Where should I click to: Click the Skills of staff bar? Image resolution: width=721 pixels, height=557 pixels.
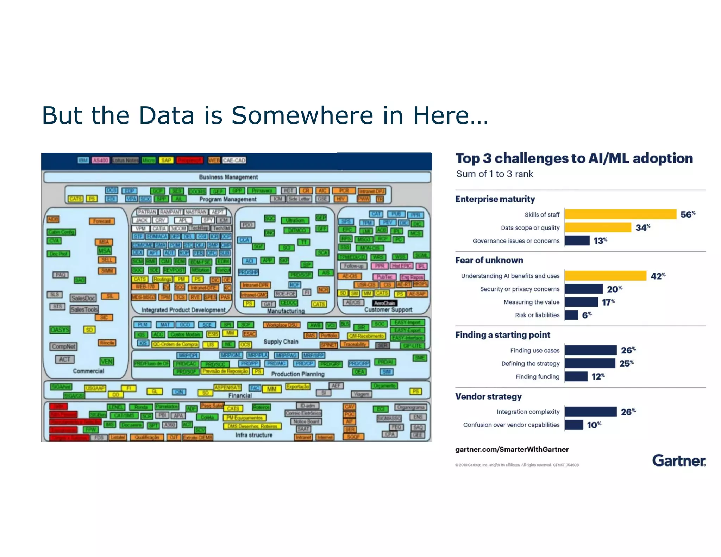pyautogui.click(x=620, y=214)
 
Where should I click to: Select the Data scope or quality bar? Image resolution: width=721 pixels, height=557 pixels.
pyautogui.click(x=598, y=227)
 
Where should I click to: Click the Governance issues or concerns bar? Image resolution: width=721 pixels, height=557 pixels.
pyautogui.click(x=577, y=240)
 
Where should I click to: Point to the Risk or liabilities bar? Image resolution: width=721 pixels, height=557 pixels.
pyautogui.click(x=571, y=315)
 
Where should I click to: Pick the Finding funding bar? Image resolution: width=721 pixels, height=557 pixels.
pyautogui.click(x=576, y=376)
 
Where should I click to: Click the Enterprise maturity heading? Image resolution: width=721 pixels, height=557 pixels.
pyautogui.click(x=495, y=199)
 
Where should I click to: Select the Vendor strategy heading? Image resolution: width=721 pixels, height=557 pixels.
pyautogui.click(x=488, y=396)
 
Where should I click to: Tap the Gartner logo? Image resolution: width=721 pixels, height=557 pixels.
pyautogui.click(x=679, y=461)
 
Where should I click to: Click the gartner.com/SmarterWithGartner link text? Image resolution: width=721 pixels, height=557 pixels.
pyautogui.click(x=512, y=449)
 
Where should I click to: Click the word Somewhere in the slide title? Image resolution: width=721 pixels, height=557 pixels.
pyautogui.click(x=302, y=115)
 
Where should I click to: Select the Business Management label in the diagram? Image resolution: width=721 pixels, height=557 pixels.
pyautogui.click(x=228, y=177)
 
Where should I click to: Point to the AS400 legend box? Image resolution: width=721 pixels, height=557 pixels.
pyautogui.click(x=100, y=161)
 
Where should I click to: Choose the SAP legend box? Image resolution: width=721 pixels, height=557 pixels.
pyautogui.click(x=166, y=161)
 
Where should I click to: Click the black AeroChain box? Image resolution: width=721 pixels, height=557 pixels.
pyautogui.click(x=385, y=303)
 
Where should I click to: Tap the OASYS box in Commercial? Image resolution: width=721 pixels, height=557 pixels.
pyautogui.click(x=60, y=330)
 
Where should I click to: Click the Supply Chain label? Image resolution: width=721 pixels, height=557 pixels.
pyautogui.click(x=281, y=342)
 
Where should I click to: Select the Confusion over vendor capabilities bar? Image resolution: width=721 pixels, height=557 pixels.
pyautogui.click(x=574, y=425)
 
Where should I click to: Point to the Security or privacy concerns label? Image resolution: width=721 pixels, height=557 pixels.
pyautogui.click(x=520, y=289)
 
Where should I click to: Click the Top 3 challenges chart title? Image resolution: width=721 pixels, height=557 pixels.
pyautogui.click(x=574, y=158)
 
